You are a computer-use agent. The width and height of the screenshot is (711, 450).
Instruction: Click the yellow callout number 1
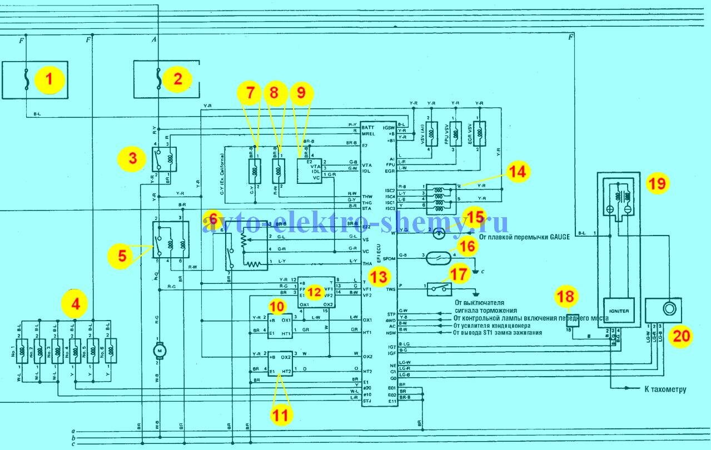click(49, 80)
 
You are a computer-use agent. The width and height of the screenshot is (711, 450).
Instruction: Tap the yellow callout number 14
click(517, 172)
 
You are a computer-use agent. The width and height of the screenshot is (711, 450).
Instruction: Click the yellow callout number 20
click(680, 335)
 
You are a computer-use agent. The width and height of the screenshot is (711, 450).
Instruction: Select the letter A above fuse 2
click(154, 40)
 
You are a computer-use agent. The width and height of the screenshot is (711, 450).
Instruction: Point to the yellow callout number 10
click(276, 307)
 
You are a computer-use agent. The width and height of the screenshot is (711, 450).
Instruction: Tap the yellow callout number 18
click(566, 297)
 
